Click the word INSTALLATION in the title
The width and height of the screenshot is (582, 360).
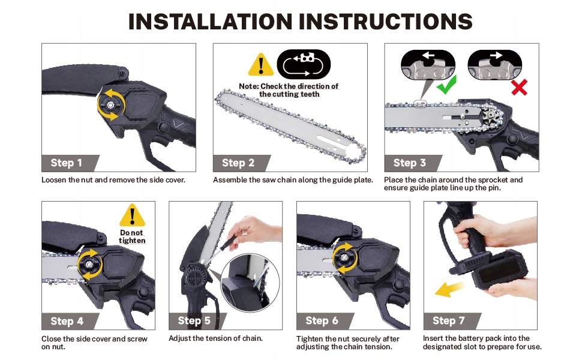(210, 22)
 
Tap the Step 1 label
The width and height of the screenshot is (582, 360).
(67, 163)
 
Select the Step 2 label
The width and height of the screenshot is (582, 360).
(238, 163)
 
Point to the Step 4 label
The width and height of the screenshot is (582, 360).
(67, 321)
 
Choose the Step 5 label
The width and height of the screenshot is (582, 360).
(194, 320)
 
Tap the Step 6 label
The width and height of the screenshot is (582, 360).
(322, 320)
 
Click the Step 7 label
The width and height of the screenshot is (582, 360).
(448, 320)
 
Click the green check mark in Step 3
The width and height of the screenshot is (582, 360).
(446, 85)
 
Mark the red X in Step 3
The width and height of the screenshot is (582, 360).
(519, 88)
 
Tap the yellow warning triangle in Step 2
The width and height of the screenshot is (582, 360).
(261, 65)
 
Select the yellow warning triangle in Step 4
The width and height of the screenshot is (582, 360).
(132, 215)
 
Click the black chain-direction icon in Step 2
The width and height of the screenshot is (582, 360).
(303, 64)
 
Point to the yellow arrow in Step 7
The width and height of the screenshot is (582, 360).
(449, 289)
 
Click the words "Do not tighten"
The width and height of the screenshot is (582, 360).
(132, 236)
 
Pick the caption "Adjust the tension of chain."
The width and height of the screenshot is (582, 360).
(215, 338)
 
